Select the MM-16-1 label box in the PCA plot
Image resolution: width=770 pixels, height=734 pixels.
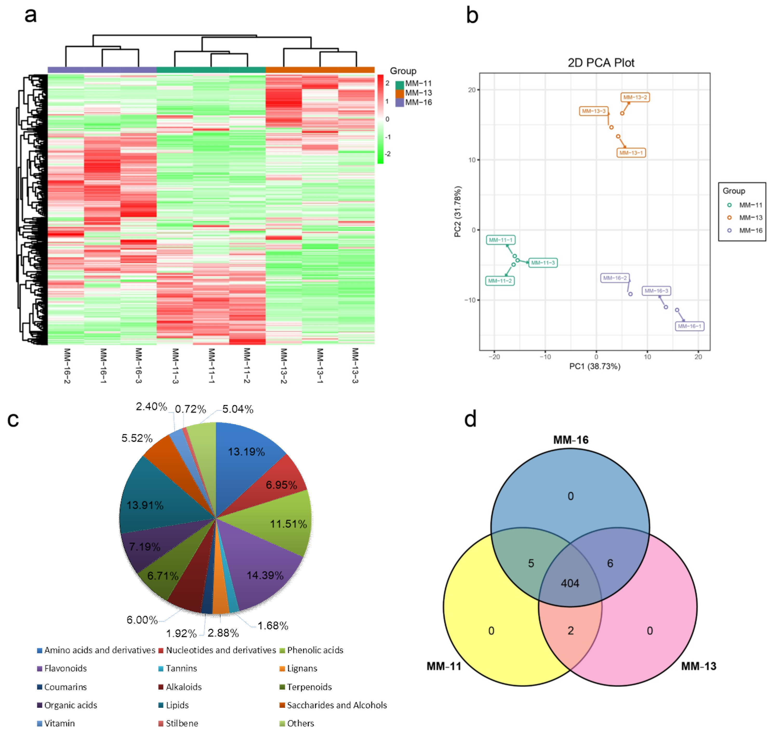coord(689,326)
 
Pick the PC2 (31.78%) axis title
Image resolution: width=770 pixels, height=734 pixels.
coord(457,211)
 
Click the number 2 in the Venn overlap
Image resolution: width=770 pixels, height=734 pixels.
coord(570,630)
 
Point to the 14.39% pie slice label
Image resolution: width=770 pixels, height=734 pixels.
coord(265,575)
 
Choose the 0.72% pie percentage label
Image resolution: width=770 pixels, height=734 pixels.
coord(190,409)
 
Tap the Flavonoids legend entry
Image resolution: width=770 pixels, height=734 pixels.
coord(65,668)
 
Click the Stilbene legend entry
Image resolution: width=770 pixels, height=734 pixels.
coord(182,723)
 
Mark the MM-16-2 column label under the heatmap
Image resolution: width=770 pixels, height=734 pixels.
coord(67,366)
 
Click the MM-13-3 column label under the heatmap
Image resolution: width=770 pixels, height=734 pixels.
coord(355,366)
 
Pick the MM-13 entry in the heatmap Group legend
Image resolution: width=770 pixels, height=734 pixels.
coord(418,93)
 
